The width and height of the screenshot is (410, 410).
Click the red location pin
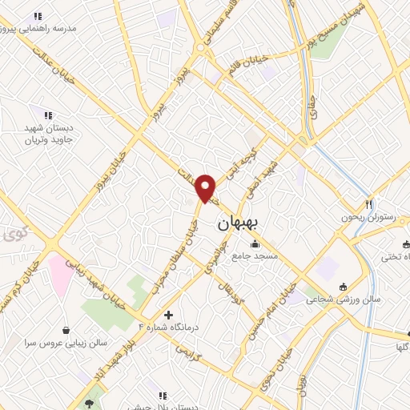click(206, 187)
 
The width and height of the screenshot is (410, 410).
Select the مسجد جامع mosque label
click(255, 256)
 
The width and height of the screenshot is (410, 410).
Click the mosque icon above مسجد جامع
click(255, 244)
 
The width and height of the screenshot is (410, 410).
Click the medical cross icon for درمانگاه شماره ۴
click(168, 315)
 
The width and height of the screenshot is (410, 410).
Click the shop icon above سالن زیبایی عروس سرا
click(65, 329)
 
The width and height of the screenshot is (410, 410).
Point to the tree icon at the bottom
click(89, 394)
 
